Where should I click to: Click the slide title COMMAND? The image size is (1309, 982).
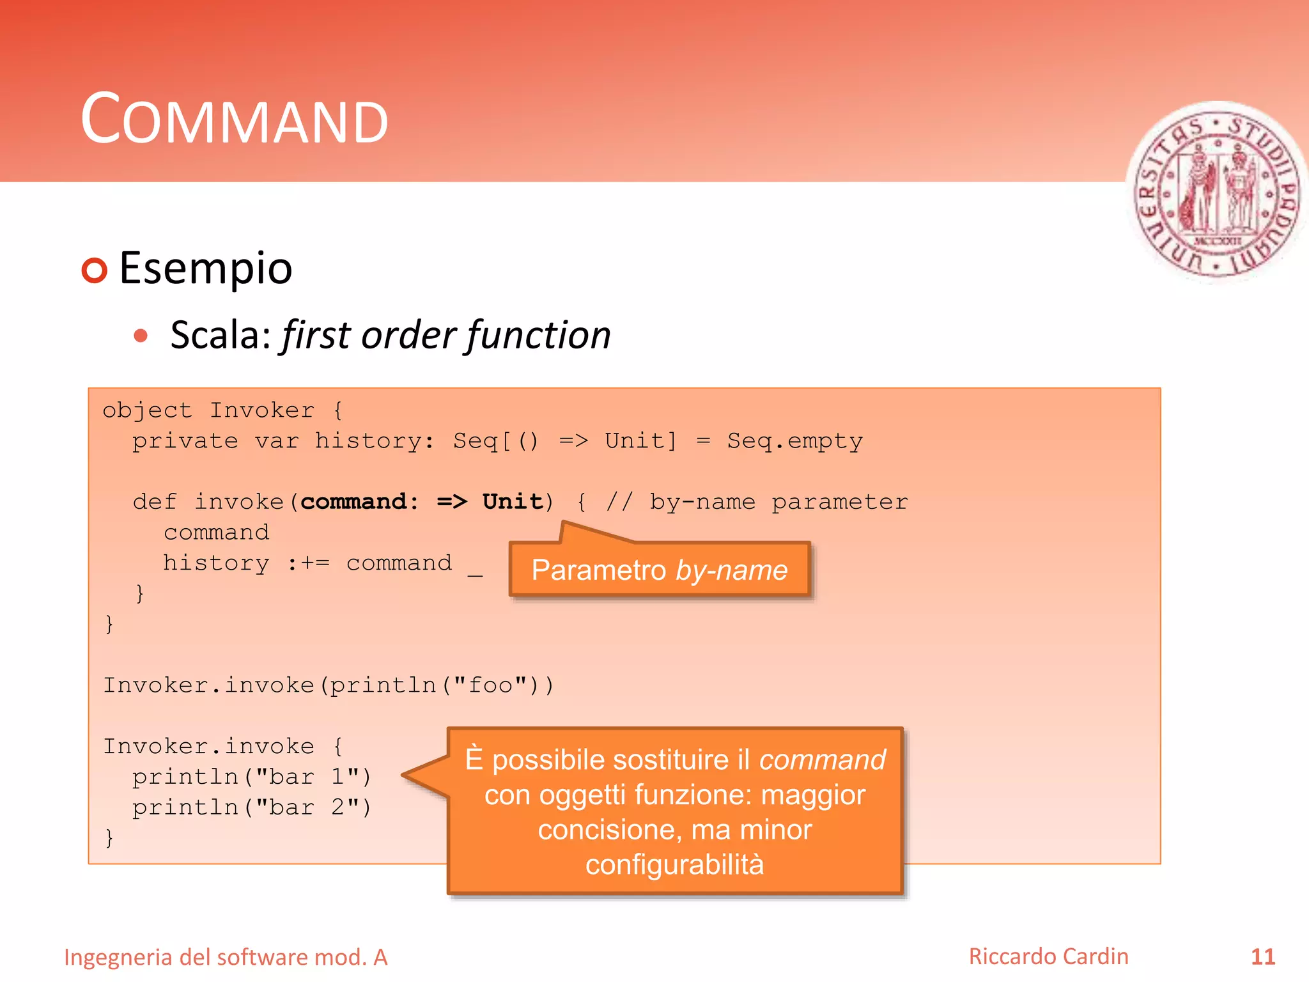tap(235, 120)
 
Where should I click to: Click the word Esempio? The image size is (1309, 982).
tap(205, 268)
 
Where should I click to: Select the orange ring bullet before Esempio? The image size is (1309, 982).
tap(95, 270)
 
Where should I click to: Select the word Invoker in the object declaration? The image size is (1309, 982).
tap(262, 410)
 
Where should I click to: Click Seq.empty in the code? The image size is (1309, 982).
tap(794, 441)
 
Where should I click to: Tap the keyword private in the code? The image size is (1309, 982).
tap(185, 441)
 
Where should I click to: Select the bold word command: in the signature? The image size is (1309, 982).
tap(360, 502)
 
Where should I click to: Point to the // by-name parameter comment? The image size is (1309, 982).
tap(757, 502)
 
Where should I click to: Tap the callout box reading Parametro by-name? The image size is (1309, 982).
tap(660, 570)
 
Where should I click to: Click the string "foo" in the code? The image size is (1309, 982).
tap(491, 685)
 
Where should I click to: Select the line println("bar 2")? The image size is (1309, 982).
tap(251, 807)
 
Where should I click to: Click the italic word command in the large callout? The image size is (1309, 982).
tap(822, 760)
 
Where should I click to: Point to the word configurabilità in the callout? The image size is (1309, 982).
tap(674, 864)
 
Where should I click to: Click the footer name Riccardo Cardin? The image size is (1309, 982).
tap(1048, 956)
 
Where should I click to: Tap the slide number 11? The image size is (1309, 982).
tap(1262, 957)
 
